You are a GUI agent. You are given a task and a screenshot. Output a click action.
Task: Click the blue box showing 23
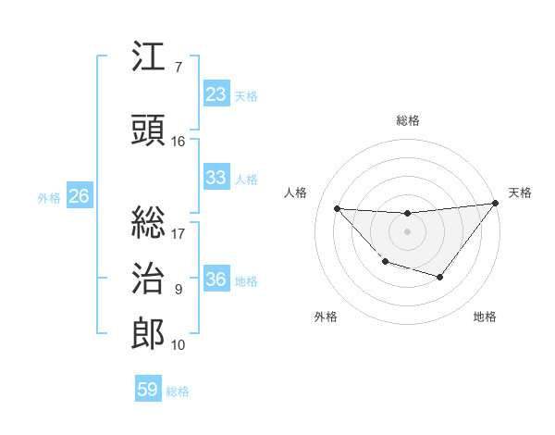click(x=216, y=94)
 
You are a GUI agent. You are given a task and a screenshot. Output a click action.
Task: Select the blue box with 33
click(x=216, y=178)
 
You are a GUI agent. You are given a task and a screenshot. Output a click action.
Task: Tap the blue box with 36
click(x=216, y=280)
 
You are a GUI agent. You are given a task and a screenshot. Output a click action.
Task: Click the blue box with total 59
click(x=148, y=390)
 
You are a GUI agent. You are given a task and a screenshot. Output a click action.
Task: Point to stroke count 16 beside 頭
click(x=179, y=142)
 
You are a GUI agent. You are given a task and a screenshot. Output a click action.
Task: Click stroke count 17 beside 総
click(x=179, y=234)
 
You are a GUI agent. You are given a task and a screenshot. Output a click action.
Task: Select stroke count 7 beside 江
click(x=179, y=68)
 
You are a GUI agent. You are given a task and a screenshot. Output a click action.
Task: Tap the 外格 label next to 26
click(x=49, y=197)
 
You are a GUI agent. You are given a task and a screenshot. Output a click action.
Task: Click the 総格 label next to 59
click(x=178, y=391)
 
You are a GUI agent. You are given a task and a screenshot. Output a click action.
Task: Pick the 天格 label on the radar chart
click(x=520, y=193)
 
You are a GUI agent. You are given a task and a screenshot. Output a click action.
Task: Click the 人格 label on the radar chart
click(x=296, y=193)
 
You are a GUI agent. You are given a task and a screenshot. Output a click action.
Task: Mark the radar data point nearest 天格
click(x=495, y=204)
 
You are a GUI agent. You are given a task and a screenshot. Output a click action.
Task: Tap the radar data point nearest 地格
click(x=440, y=277)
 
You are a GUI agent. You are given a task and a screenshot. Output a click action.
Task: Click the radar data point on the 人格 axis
click(x=337, y=208)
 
